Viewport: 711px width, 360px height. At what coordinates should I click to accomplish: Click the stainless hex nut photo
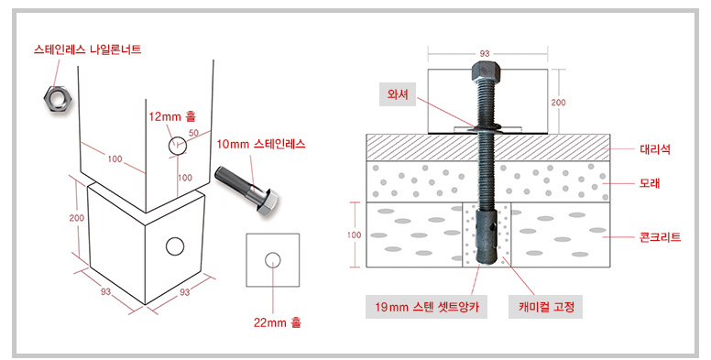click(x=56, y=98)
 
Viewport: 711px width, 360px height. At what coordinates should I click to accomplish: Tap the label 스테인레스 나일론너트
click(x=88, y=49)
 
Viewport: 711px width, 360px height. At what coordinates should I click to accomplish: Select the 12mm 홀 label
click(x=172, y=116)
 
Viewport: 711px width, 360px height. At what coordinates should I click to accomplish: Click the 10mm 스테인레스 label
click(x=261, y=144)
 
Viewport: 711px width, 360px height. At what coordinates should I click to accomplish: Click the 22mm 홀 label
click(x=277, y=322)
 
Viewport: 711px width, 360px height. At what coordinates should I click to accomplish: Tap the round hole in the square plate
click(x=272, y=260)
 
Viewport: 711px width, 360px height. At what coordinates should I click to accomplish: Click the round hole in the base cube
click(x=175, y=246)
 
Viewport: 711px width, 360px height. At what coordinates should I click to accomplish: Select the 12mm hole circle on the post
click(x=178, y=146)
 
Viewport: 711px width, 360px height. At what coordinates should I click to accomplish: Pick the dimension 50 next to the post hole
click(x=194, y=133)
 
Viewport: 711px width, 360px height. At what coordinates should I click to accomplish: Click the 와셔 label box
click(x=398, y=94)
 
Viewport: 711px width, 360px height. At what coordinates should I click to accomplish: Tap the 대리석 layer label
click(x=655, y=149)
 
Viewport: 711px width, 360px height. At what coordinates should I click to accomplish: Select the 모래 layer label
click(x=650, y=183)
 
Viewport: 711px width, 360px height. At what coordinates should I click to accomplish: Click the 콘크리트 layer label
click(x=660, y=236)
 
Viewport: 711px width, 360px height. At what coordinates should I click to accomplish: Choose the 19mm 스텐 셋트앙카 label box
click(x=427, y=308)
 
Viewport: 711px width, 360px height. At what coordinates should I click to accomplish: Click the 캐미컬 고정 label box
click(x=545, y=308)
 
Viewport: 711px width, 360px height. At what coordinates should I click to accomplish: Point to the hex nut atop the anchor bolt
click(x=485, y=71)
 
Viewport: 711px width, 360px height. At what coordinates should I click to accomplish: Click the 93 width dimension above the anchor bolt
click(x=485, y=53)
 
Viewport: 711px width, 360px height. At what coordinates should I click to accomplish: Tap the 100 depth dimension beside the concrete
click(x=355, y=235)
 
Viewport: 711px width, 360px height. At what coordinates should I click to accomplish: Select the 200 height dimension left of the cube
click(x=77, y=218)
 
